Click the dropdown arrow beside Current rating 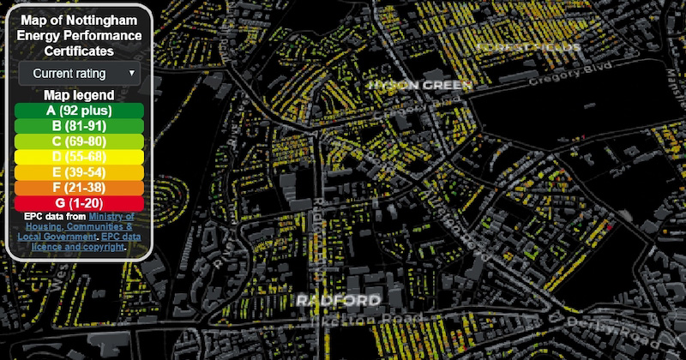[131, 74]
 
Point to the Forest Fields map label [529, 46]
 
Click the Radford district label [337, 301]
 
